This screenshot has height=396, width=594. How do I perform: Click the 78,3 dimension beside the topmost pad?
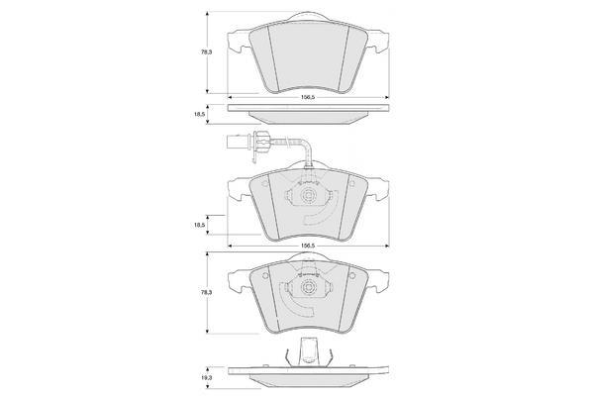coord(207,51)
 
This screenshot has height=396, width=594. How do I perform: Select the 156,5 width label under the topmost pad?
coord(308,97)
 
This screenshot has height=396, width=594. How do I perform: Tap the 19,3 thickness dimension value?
coord(207,377)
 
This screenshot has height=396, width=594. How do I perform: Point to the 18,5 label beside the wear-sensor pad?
coord(200,225)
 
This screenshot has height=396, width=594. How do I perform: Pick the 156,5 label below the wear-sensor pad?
coord(308,246)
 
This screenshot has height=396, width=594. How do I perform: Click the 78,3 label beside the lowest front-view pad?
coord(207,292)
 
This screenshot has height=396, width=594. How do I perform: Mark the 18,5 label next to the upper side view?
coord(200,114)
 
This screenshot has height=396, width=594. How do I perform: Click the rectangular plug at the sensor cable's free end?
coord(236,144)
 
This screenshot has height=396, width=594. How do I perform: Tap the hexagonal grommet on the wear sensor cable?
coord(261,143)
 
